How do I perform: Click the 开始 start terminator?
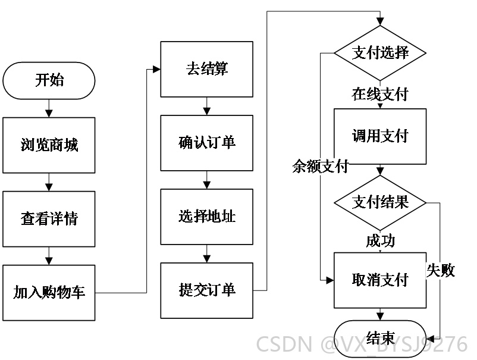click(x=49, y=81)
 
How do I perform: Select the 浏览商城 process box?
click(x=49, y=145)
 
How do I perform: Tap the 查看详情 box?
click(x=49, y=219)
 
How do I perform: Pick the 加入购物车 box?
click(x=49, y=293)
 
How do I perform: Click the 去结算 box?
click(x=207, y=69)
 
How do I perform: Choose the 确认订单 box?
click(x=207, y=143)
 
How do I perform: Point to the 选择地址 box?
click(x=207, y=217)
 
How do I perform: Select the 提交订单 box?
click(x=207, y=290)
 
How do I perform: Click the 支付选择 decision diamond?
click(x=380, y=53)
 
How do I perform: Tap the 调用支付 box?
click(x=380, y=136)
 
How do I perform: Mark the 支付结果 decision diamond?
click(x=380, y=203)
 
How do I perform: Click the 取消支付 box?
click(x=380, y=280)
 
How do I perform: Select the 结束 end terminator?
click(x=380, y=339)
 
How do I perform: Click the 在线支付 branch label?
click(x=380, y=94)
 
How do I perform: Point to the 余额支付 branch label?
click(x=321, y=167)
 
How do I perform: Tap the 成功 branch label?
click(x=380, y=241)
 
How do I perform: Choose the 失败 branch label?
click(x=441, y=270)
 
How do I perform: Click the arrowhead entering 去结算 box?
click(x=156, y=70)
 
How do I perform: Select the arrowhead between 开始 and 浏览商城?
click(x=49, y=114)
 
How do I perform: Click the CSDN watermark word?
click(x=284, y=344)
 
